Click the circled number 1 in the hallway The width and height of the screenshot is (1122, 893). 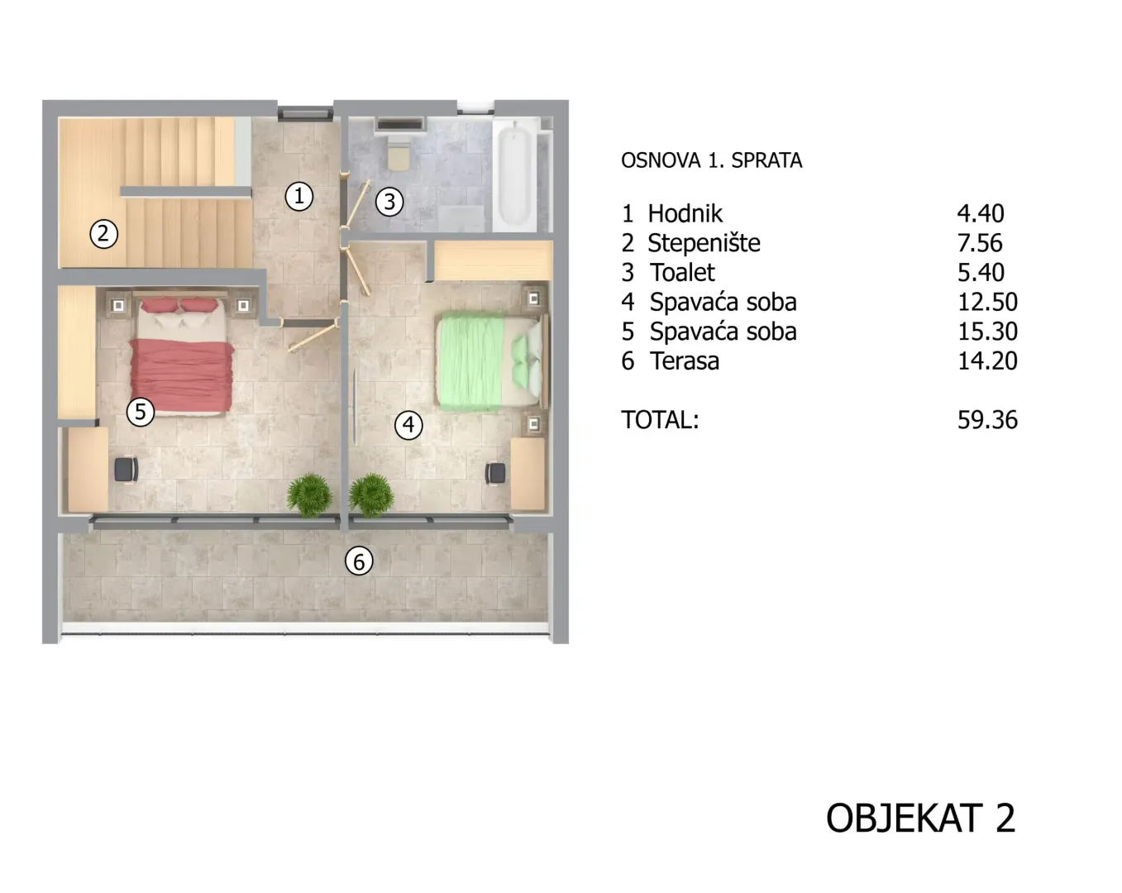tap(298, 197)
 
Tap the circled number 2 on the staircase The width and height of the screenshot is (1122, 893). tap(103, 233)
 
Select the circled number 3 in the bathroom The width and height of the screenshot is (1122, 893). tap(389, 202)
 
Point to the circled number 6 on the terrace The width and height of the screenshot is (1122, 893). tap(359, 561)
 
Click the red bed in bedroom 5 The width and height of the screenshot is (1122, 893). tap(181, 357)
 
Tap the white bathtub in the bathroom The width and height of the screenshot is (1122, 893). tap(514, 174)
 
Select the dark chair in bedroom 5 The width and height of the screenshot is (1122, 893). tap(127, 470)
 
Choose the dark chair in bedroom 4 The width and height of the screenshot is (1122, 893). tap(495, 473)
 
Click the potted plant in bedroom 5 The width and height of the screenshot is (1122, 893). tap(310, 494)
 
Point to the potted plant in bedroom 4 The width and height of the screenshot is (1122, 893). tap(371, 494)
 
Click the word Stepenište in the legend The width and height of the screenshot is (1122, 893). tap(704, 243)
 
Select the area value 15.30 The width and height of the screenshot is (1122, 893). tap(987, 332)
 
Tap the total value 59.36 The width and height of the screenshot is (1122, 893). tap(987, 420)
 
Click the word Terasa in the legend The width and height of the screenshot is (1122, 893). tap(685, 361)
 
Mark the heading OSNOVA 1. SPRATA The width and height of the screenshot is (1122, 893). tap(712, 160)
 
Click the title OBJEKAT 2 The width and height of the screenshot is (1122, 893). tap(921, 818)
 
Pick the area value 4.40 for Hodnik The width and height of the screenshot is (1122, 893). tap(981, 213)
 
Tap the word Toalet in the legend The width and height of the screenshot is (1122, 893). tap(682, 273)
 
